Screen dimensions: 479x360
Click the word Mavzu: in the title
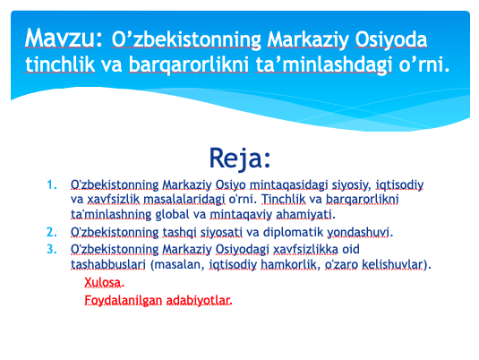coord(64,39)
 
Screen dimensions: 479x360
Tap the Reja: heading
coord(240,159)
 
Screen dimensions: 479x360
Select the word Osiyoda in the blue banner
coord(390,40)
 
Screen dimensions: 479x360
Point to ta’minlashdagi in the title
coord(323,65)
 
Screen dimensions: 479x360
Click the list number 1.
coord(52,184)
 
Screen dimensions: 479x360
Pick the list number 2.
coord(52,232)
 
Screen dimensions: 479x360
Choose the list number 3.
coord(52,249)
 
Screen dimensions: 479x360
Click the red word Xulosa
coord(103,283)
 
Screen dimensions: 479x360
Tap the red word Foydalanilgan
coord(124,300)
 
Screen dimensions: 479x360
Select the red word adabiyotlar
coord(198,300)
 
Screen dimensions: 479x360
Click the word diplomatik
coord(293,232)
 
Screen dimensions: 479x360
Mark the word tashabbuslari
coord(108,264)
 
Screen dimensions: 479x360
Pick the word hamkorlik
coord(288,264)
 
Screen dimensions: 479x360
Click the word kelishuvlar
coord(393,264)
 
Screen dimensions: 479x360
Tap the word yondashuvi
coord(358,232)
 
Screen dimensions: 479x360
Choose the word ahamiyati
coord(304,214)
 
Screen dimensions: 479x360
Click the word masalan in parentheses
coord(177,264)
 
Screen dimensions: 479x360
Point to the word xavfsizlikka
coord(305,249)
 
